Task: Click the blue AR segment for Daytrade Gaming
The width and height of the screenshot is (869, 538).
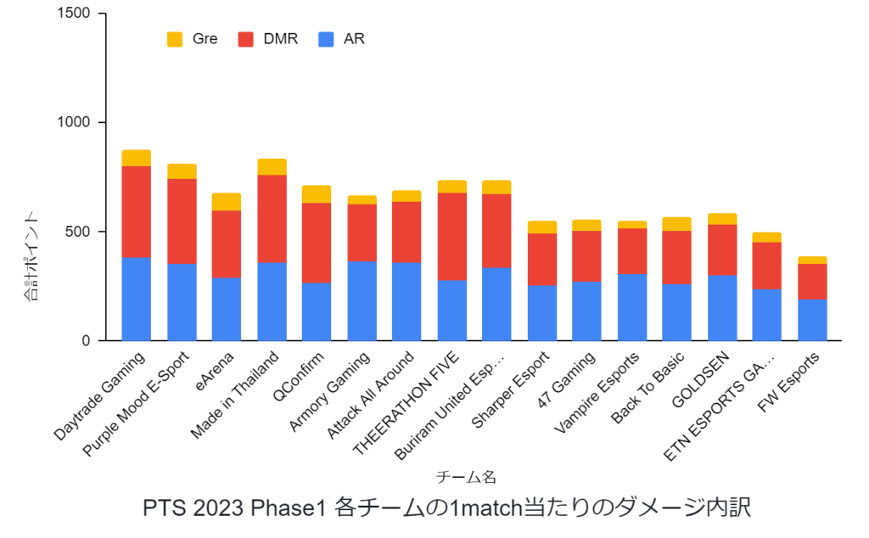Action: [x=136, y=299]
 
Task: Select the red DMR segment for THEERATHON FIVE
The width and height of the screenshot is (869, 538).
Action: [x=452, y=237]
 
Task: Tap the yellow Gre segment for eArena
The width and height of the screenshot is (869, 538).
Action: [x=226, y=201]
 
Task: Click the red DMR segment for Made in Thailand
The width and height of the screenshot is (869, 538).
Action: [x=272, y=218]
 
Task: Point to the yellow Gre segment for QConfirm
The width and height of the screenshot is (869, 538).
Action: [x=317, y=193]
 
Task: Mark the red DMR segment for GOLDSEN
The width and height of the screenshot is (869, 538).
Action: [x=722, y=249]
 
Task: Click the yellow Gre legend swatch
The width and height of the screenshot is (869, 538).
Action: [x=175, y=39]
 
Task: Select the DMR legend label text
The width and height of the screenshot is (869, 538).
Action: [x=281, y=39]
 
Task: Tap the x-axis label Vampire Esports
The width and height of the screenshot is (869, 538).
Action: [x=597, y=391]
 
